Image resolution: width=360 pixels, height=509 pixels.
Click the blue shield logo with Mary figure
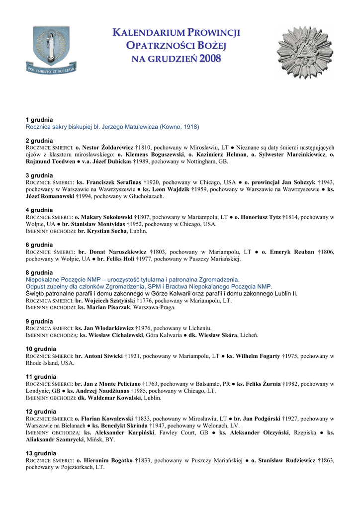click(x=52, y=50)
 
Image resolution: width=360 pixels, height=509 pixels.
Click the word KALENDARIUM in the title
click(x=147, y=33)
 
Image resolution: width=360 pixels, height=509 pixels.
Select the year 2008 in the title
click(x=211, y=59)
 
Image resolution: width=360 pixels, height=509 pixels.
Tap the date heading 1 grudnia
click(x=39, y=120)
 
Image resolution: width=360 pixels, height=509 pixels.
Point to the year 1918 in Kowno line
click(x=190, y=127)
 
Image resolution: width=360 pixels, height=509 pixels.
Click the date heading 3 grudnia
click(x=39, y=175)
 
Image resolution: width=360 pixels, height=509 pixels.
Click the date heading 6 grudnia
click(x=39, y=245)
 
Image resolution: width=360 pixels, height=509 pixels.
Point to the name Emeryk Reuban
click(x=293, y=252)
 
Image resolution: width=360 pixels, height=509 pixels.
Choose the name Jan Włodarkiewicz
click(x=109, y=329)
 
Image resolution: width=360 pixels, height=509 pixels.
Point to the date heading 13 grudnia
click(x=41, y=454)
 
